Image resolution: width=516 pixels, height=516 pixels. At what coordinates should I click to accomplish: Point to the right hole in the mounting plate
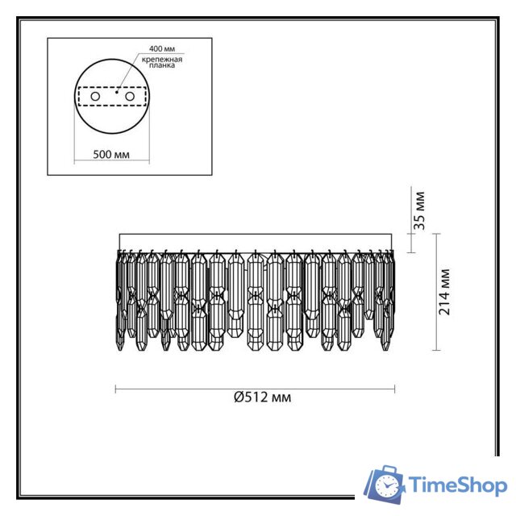tap(127, 97)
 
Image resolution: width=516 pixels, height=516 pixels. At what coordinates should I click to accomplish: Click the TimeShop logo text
tap(458, 485)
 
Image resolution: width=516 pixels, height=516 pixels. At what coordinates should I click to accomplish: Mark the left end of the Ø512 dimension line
tap(116, 389)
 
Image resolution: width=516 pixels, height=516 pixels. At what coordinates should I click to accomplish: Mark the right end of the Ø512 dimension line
tap(395, 389)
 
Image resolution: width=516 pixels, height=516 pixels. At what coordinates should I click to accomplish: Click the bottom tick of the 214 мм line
tap(436, 351)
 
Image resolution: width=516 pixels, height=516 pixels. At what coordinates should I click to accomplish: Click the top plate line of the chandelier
tap(256, 234)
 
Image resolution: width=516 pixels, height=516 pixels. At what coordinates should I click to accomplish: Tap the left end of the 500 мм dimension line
tap(74, 158)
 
